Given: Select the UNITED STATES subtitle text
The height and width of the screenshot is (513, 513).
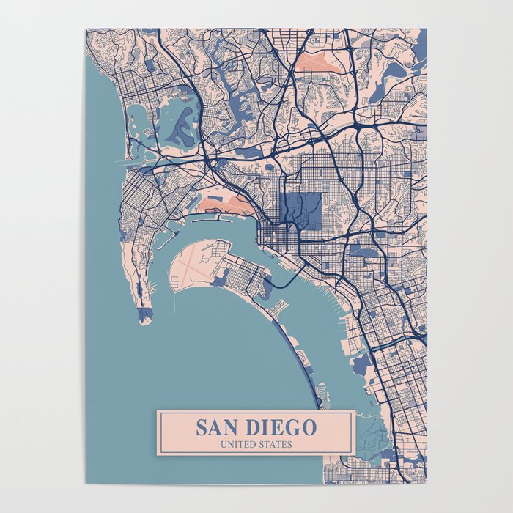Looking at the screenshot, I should pos(256,444).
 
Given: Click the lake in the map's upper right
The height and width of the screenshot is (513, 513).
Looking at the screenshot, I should pos(396,70).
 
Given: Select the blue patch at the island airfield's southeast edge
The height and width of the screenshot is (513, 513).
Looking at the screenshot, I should pos(221,279).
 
